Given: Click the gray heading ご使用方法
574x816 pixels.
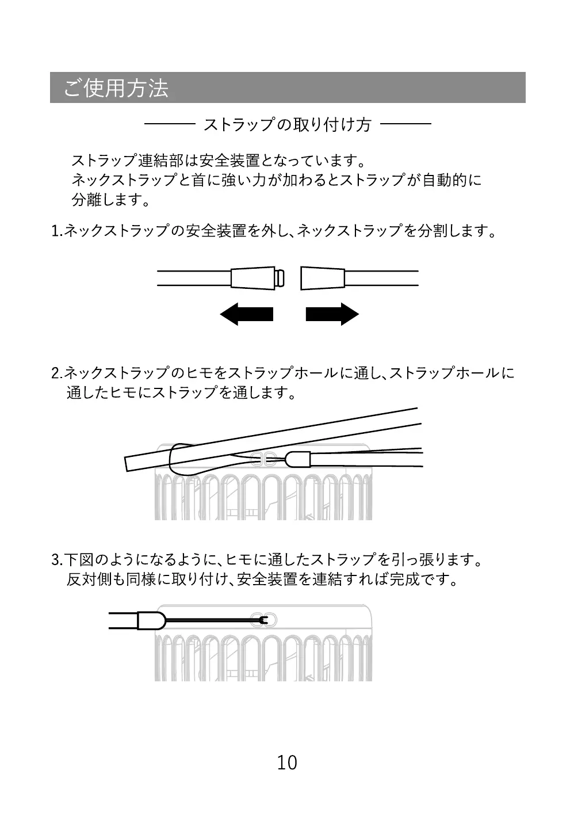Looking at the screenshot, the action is tap(116, 88).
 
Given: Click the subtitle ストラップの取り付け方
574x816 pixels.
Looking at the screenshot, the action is tap(287, 124).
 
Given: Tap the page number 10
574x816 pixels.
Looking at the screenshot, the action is tap(287, 762).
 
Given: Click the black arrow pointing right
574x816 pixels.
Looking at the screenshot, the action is tap(332, 314).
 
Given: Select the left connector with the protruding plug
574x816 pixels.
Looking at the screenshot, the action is tap(257, 278).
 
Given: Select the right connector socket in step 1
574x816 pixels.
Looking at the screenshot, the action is tap(323, 278).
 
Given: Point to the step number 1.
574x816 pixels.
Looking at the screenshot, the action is tap(56, 231).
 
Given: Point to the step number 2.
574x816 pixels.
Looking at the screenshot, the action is tap(56, 373).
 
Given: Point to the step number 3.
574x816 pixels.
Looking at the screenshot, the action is tap(56, 559).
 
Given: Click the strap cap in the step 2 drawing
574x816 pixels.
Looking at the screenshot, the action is tap(298, 459).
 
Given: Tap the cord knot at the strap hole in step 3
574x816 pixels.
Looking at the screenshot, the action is tap(262, 620).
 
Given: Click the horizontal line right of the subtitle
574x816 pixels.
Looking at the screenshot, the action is tap(405, 124).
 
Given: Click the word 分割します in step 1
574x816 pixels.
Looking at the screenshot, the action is tap(449, 231).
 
